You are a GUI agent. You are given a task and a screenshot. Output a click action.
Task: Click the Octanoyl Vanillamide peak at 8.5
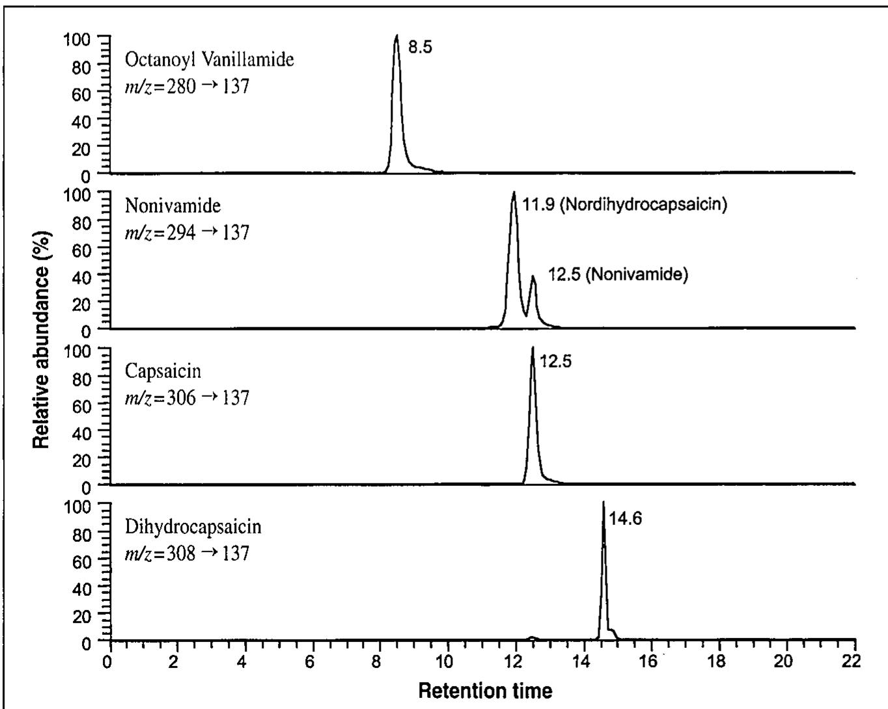pos(396,39)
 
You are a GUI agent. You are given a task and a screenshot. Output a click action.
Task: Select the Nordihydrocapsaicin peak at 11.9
pos(514,195)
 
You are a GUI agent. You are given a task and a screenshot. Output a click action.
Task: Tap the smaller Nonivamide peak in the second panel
pos(533,278)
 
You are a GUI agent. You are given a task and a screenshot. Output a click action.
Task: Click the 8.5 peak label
pos(420,47)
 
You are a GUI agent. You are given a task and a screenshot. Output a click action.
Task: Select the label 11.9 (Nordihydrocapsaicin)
pos(624,204)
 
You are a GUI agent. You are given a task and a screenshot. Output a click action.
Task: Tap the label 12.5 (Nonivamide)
pos(618,274)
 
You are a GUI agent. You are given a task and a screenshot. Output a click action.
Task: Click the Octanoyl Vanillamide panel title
pos(209,60)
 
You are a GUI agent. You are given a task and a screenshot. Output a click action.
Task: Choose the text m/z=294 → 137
pos(187,232)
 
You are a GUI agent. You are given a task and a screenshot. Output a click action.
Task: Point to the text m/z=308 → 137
pos(187,553)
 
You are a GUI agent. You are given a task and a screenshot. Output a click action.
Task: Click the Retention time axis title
pos(485,690)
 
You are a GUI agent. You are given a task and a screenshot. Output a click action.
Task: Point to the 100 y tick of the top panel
pos(77,38)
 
